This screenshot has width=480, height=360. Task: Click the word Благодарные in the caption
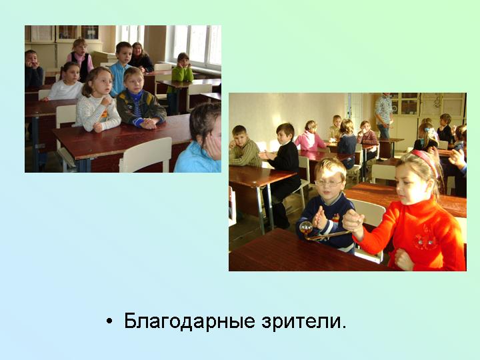[189, 321]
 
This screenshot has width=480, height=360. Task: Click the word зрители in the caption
[301, 321]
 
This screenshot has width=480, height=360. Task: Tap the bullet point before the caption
[109, 321]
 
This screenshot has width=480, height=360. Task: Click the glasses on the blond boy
[328, 183]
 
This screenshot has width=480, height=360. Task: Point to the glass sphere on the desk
[306, 227]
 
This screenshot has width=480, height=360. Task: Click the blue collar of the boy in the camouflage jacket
[135, 93]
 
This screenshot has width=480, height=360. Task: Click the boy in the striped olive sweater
[244, 146]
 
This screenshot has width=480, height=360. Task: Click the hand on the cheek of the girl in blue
[214, 147]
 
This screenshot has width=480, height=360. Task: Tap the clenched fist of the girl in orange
[403, 259]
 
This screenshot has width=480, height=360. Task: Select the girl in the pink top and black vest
[81, 60]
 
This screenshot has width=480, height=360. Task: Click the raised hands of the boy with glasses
[320, 218]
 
